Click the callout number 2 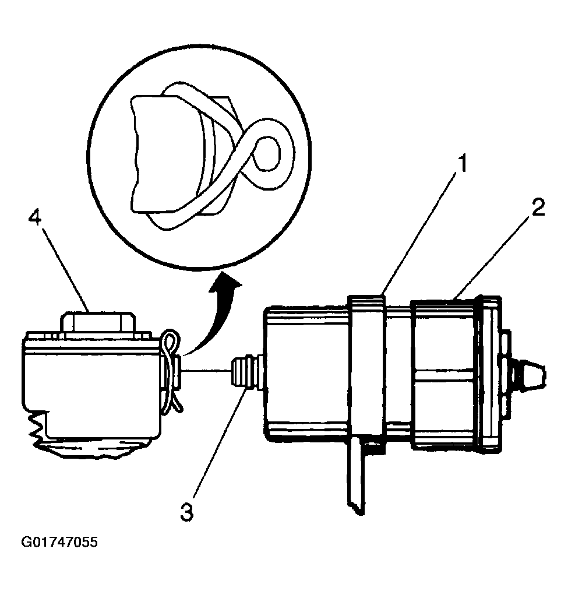click(x=538, y=208)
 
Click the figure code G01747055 click(x=59, y=543)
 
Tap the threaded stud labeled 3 click(x=244, y=374)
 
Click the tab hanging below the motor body click(x=357, y=478)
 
